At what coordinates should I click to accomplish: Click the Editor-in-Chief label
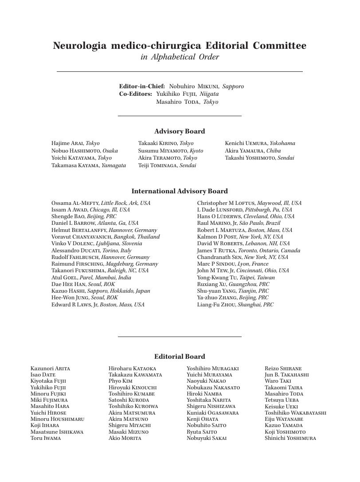click(x=142, y=86)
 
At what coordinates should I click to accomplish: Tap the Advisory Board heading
click(x=180, y=131)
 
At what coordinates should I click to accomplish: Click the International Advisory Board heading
click(x=180, y=191)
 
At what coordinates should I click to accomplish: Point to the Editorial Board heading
click(x=180, y=357)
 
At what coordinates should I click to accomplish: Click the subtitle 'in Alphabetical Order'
click(x=180, y=57)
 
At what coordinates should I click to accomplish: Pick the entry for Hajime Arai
click(x=75, y=143)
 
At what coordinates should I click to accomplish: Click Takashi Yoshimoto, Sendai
click(x=259, y=158)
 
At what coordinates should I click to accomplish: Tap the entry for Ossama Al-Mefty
click(x=101, y=203)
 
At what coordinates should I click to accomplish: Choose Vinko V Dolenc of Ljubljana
click(x=97, y=243)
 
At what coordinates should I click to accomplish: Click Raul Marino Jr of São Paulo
click(x=239, y=223)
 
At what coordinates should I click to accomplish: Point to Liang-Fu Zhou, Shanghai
click(x=235, y=305)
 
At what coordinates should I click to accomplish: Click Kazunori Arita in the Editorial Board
click(x=50, y=368)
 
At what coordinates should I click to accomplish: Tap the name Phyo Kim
click(x=121, y=381)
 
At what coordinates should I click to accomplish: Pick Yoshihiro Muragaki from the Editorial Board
click(x=212, y=368)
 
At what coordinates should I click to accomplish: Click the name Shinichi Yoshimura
click(x=290, y=438)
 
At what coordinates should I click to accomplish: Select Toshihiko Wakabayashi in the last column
click(x=295, y=413)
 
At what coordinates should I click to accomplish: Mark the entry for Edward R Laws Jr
click(x=98, y=305)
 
